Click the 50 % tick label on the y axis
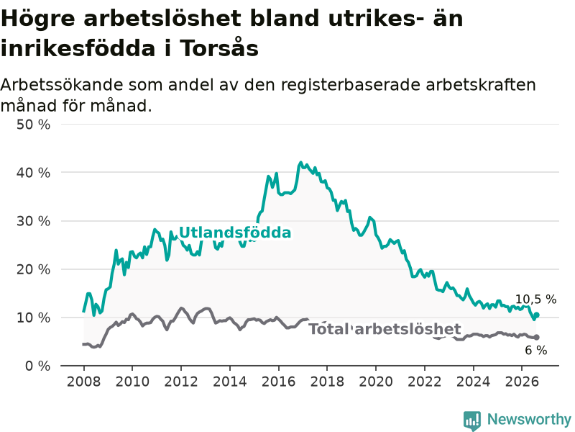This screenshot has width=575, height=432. [x=33, y=125]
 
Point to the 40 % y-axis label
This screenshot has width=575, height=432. [x=33, y=173]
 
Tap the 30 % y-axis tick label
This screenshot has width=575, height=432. [x=33, y=221]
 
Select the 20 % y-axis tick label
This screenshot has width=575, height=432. [x=33, y=269]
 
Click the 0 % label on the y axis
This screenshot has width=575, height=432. [x=38, y=366]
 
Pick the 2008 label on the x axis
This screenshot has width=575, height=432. [x=83, y=382]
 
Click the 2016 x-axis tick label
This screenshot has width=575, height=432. [x=278, y=382]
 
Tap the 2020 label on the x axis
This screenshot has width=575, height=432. [x=376, y=382]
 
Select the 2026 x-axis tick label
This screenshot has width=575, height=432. [x=522, y=382]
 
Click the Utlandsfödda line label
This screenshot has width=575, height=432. [x=235, y=233]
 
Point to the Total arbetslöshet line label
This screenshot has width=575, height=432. [x=385, y=329]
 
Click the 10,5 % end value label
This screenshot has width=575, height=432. [x=535, y=300]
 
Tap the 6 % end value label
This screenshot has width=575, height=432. [x=535, y=350]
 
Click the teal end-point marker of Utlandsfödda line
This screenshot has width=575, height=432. [x=536, y=315]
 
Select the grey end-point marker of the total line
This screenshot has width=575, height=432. [x=536, y=337]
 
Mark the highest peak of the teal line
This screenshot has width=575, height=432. [x=300, y=163]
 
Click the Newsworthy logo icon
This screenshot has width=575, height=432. [x=472, y=420]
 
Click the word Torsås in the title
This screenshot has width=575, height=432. [x=219, y=48]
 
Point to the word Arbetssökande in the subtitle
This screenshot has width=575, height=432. [x=62, y=85]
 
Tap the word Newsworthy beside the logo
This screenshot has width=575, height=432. [x=529, y=419]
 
